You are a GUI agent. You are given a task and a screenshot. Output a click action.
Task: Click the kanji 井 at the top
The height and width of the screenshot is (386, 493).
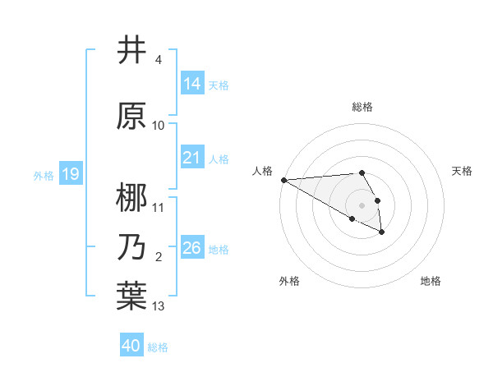(131, 51)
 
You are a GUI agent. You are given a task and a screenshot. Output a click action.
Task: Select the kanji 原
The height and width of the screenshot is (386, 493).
(131, 116)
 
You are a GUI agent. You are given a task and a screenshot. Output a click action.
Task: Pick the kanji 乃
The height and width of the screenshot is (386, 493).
(131, 247)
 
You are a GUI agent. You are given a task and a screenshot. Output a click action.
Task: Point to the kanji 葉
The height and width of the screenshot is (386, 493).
(131, 296)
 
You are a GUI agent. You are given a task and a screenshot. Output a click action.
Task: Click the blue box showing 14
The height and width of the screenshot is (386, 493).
(192, 83)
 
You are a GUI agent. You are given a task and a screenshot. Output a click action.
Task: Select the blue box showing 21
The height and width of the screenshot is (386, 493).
(192, 158)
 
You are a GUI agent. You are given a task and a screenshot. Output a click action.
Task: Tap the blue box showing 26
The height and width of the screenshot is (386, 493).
(192, 248)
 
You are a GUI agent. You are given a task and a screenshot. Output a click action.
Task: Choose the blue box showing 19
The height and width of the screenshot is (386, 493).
(70, 174)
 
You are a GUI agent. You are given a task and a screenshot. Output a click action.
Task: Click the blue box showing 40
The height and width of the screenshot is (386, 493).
(131, 346)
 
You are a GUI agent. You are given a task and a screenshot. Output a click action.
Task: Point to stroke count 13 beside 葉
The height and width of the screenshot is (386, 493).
(159, 306)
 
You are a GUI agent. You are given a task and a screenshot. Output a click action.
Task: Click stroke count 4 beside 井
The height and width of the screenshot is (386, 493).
(159, 60)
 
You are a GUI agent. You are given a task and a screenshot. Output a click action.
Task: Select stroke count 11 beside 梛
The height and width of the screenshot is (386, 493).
(159, 207)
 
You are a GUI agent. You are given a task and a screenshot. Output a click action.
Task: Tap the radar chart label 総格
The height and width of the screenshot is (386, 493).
(362, 107)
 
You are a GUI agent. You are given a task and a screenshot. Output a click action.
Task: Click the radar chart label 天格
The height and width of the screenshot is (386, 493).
(463, 171)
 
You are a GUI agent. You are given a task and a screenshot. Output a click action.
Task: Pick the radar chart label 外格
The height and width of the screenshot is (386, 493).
(289, 281)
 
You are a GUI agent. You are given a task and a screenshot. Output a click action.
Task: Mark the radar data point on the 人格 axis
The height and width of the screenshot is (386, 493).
(283, 179)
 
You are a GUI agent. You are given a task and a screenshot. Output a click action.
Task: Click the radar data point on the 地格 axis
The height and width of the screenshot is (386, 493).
(382, 233)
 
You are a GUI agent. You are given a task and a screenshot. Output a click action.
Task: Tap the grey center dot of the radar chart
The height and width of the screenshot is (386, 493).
(362, 204)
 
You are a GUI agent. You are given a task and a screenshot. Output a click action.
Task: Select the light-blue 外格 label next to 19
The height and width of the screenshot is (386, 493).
(43, 175)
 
